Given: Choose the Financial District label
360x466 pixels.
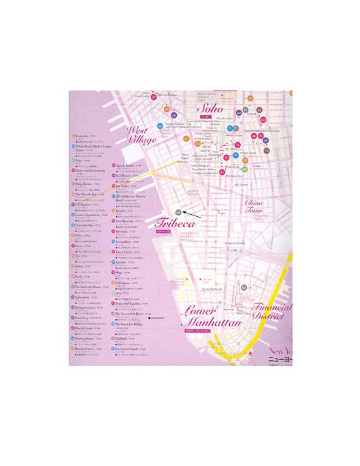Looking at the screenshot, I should (x=270, y=313).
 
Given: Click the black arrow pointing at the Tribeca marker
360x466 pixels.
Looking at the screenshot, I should (x=193, y=215).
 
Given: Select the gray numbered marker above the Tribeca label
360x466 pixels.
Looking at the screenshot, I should (x=178, y=213).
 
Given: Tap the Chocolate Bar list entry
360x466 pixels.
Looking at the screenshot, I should (x=88, y=224).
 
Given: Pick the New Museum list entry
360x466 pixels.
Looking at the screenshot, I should (x=127, y=222).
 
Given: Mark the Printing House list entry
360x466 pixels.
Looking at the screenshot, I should (x=88, y=339).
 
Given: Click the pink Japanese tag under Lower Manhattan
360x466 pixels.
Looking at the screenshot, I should (x=198, y=331).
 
